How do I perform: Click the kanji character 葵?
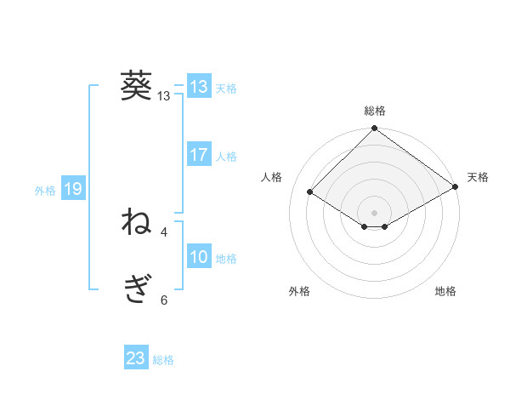tap(136, 86)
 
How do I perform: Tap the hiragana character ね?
tap(136, 223)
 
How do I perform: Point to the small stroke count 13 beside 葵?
tap(164, 96)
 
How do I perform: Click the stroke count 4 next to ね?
tap(164, 231)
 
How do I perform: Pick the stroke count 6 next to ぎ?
tap(164, 300)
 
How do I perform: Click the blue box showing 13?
tap(199, 87)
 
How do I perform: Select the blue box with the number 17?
tap(199, 155)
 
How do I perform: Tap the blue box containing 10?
tap(199, 257)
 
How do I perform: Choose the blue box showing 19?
tap(72, 189)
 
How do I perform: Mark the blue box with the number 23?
tap(136, 358)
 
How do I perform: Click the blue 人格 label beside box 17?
tap(226, 157)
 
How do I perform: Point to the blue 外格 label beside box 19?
tap(45, 191)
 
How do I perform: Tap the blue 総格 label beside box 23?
tap(163, 360)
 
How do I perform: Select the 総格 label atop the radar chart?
tap(375, 111)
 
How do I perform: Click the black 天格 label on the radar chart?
tap(478, 177)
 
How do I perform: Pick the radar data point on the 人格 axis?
tap(310, 191)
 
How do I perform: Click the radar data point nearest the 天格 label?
tap(456, 186)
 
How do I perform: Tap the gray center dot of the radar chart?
tap(375, 213)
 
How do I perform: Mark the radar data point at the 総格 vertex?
tap(375, 129)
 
